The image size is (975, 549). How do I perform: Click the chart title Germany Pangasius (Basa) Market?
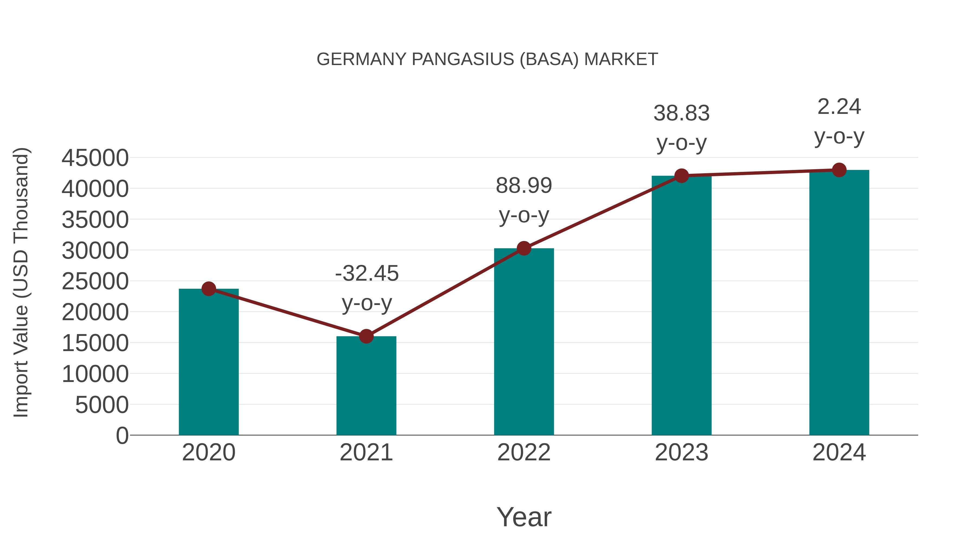pos(487,59)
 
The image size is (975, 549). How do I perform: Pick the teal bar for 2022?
pos(524,341)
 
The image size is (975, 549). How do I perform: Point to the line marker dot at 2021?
pos(366,336)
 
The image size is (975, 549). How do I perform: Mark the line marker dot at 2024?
pos(839,170)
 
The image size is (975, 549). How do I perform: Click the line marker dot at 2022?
pos(524,249)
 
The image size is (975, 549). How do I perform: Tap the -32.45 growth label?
pos(367,273)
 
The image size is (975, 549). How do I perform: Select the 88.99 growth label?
pos(524,186)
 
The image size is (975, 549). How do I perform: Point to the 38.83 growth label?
pos(681,113)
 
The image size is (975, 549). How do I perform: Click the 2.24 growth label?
pos(839,107)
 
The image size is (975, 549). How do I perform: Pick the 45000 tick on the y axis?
pos(95,158)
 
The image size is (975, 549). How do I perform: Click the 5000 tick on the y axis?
pos(102,405)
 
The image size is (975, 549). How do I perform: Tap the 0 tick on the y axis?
pos(122,435)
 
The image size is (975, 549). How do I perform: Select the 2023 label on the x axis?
pos(681,452)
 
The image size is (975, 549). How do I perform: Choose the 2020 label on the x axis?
pos(209,452)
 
